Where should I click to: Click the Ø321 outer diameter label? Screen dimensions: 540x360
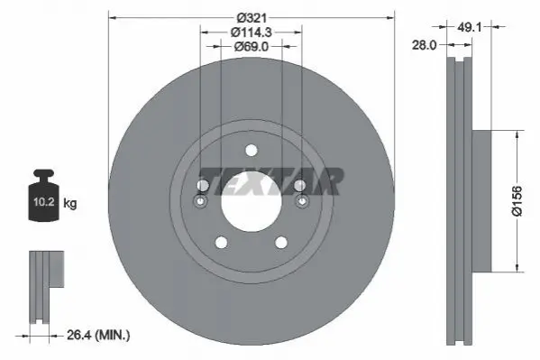pos(252,17)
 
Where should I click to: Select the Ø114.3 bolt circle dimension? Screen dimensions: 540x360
pos(252,32)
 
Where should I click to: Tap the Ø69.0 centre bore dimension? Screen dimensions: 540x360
pos(252,47)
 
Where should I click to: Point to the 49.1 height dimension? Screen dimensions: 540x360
pos(469,26)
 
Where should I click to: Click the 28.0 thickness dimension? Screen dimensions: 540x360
pos(425,45)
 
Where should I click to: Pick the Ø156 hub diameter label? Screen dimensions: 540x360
pos(517,201)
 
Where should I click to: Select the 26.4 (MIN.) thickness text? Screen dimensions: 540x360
pos(98,335)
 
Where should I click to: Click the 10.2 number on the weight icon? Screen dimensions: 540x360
pos(44,202)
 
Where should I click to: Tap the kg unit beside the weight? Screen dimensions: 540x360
pos(70,203)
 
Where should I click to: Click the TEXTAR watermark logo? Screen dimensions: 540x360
pos(272,181)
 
